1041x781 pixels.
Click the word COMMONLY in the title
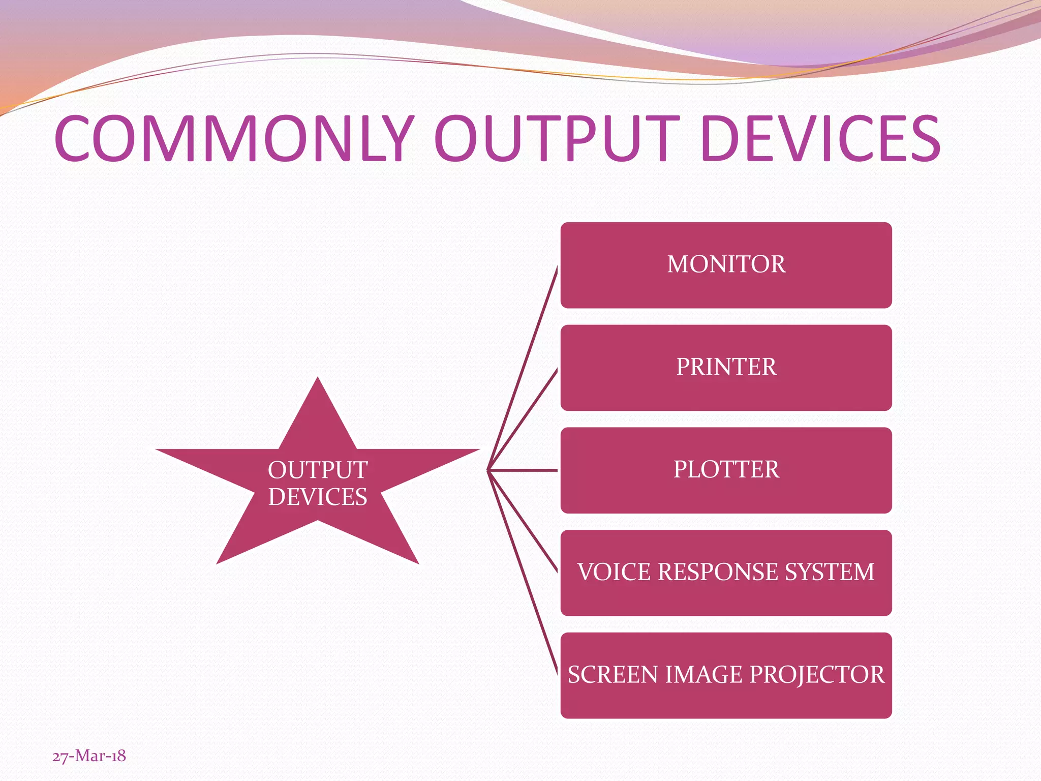coord(234,138)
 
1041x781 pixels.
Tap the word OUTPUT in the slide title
coord(556,138)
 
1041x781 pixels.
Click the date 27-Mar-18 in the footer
coord(89,756)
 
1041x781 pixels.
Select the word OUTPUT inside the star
coord(318,470)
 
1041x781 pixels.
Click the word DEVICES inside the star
coord(318,497)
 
